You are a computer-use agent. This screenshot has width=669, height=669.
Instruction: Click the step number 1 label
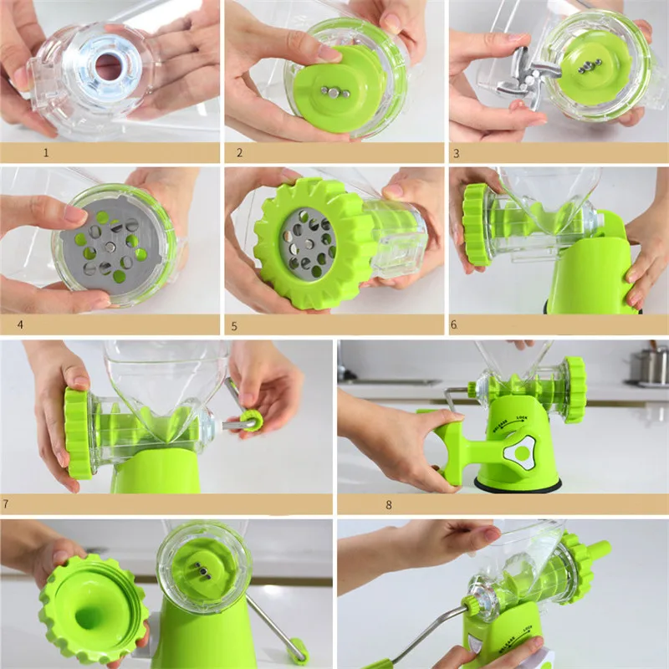coord(47,153)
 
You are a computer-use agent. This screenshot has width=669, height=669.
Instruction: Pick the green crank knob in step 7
coord(251,419)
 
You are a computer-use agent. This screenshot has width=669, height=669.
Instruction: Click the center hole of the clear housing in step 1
coord(108,67)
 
